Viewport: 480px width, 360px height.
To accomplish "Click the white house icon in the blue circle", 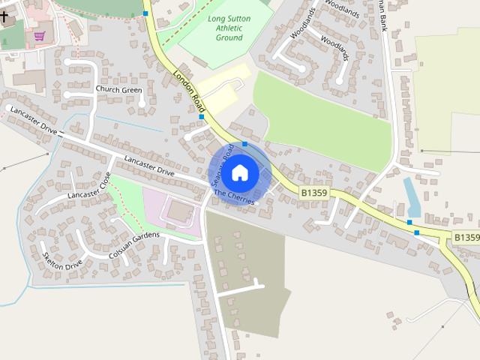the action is pyautogui.click(x=239, y=172).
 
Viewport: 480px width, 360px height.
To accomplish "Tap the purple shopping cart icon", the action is pyautogui.click(x=39, y=35).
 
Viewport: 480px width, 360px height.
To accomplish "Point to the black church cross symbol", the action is pyautogui.click(x=4, y=16).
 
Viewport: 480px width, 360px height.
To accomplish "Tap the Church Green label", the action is pyautogui.click(x=118, y=90).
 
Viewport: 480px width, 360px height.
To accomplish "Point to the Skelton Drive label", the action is pyautogui.click(x=62, y=259).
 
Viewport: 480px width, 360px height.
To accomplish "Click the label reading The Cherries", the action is pyautogui.click(x=234, y=196).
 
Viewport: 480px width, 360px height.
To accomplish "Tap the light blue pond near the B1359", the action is pyautogui.click(x=412, y=197).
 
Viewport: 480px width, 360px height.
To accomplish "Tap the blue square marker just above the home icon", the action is pyautogui.click(x=244, y=142).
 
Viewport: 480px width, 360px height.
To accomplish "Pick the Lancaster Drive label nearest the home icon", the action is pyautogui.click(x=149, y=166).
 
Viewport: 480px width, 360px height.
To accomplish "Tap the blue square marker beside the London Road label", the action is pyautogui.click(x=202, y=116).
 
